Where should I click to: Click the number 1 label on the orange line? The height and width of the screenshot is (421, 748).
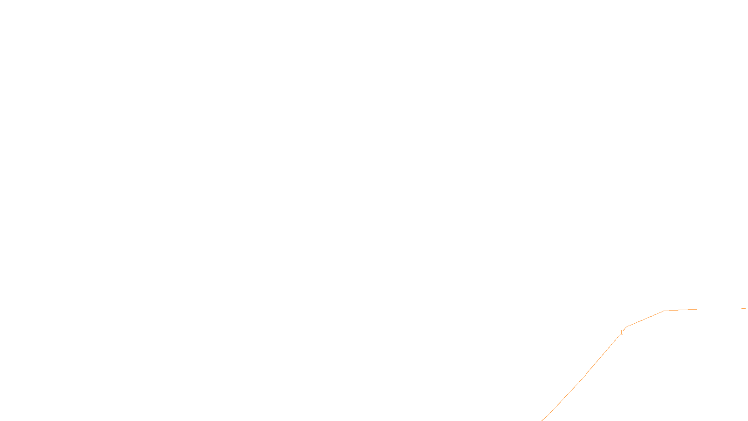click(x=621, y=333)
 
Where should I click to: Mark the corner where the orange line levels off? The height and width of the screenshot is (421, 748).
click(x=664, y=311)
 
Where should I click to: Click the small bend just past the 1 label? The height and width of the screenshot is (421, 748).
click(x=626, y=327)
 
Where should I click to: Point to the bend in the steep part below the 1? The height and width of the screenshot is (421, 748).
click(x=583, y=377)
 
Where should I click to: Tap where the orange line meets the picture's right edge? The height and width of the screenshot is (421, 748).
click(x=747, y=308)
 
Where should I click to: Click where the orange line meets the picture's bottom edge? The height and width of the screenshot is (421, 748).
click(x=542, y=420)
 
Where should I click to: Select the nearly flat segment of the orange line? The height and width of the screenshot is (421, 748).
click(x=706, y=309)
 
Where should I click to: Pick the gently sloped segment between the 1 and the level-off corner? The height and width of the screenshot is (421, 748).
click(x=645, y=319)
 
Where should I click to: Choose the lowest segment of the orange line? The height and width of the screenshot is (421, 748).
click(x=563, y=399)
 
